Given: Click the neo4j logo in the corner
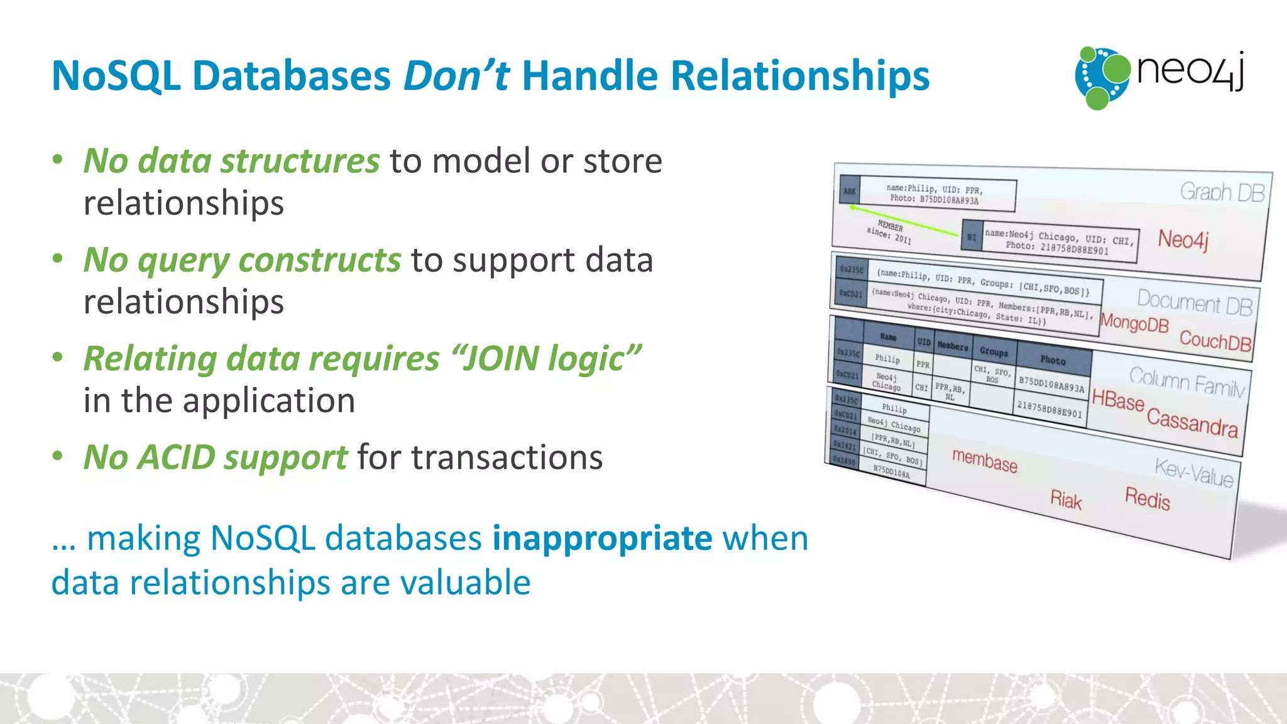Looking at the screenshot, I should pyautogui.click(x=1159, y=77).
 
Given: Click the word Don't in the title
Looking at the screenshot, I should pyautogui.click(x=456, y=76).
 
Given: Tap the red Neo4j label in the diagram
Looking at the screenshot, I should pyautogui.click(x=1183, y=239).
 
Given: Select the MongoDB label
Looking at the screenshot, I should pyautogui.click(x=1134, y=323).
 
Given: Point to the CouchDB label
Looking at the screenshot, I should pyautogui.click(x=1215, y=341).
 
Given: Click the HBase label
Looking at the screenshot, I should pyautogui.click(x=1117, y=400).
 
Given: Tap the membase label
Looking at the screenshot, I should pyautogui.click(x=984, y=461).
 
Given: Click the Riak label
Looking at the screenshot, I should pyautogui.click(x=1066, y=500).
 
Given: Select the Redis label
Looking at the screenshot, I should pyautogui.click(x=1147, y=499).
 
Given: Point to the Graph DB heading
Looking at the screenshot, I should pyautogui.click(x=1222, y=192).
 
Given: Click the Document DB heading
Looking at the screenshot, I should pyautogui.click(x=1195, y=302).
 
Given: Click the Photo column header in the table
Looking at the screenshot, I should pyautogui.click(x=1053, y=360).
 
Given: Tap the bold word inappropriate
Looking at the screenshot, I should pyautogui.click(x=601, y=539).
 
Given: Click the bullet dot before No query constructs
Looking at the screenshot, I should pyautogui.click(x=58, y=259).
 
